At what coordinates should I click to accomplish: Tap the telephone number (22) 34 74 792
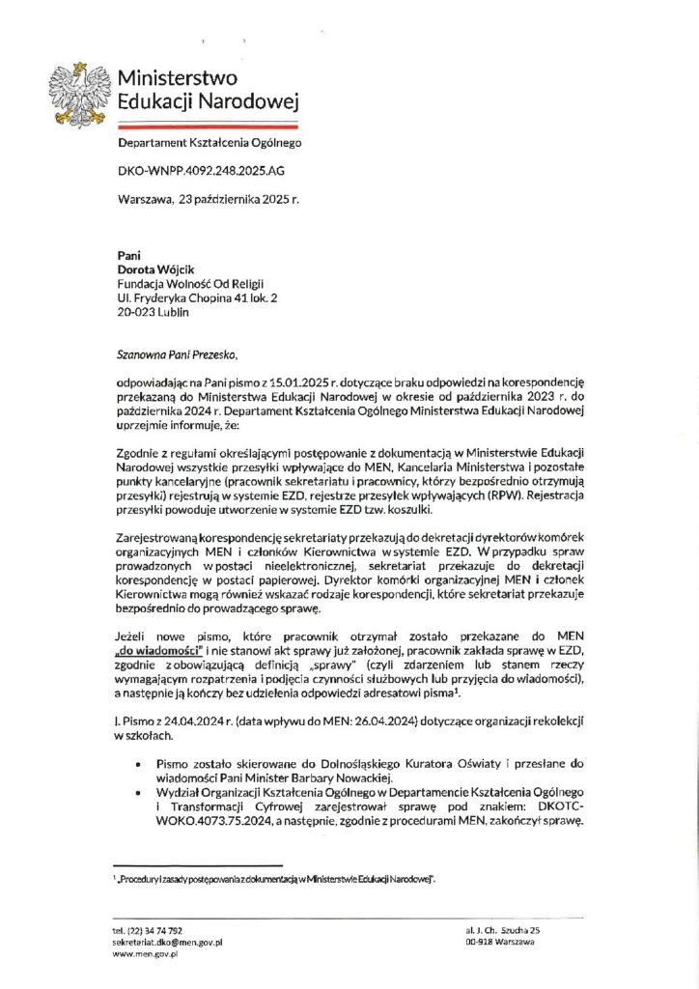154,929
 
